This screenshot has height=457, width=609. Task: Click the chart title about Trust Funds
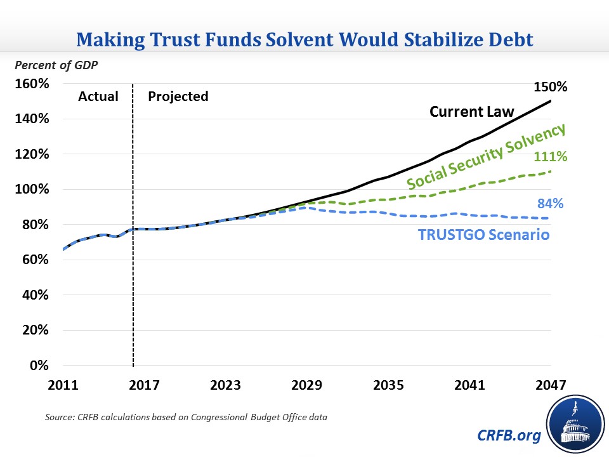pyautogui.click(x=304, y=39)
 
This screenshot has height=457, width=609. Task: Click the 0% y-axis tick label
pyautogui.click(x=39, y=366)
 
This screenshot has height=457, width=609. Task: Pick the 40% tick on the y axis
pyautogui.click(x=36, y=295)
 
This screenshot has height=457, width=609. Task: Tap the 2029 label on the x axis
pyautogui.click(x=306, y=385)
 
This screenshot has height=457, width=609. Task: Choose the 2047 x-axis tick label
pyautogui.click(x=549, y=385)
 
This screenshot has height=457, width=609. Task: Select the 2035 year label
pyautogui.click(x=388, y=385)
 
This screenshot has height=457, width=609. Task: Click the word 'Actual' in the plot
pyautogui.click(x=98, y=96)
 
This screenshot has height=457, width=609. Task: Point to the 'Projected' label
pyautogui.click(x=178, y=96)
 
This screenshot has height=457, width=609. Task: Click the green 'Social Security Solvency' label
pyautogui.click(x=486, y=156)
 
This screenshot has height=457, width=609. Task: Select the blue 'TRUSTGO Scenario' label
pyautogui.click(x=483, y=234)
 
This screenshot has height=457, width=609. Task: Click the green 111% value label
pyautogui.click(x=550, y=157)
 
